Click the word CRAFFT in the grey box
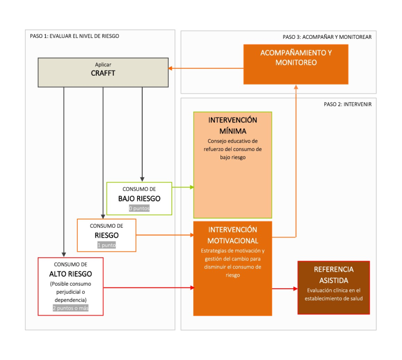tap(103, 73)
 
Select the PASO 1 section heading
tap(74, 36)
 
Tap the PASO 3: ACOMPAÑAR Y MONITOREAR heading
tap(327, 37)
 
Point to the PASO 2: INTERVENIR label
tap(348, 104)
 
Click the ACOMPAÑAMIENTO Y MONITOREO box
tap(296, 64)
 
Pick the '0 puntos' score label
tap(139, 209)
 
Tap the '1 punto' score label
tap(106, 245)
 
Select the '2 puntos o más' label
tap(70, 308)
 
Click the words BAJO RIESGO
tap(139, 199)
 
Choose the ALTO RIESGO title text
tap(70, 274)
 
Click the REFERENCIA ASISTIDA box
tap(334, 288)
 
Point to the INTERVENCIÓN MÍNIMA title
tap(233, 125)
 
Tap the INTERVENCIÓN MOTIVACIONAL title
tap(233, 235)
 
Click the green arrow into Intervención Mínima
tap(183, 187)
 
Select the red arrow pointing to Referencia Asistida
tap(285, 289)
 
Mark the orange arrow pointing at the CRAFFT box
tap(206, 68)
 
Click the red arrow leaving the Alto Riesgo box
tap(149, 288)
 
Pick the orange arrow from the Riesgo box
tap(165, 235)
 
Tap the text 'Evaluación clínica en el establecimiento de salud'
tap(334, 295)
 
